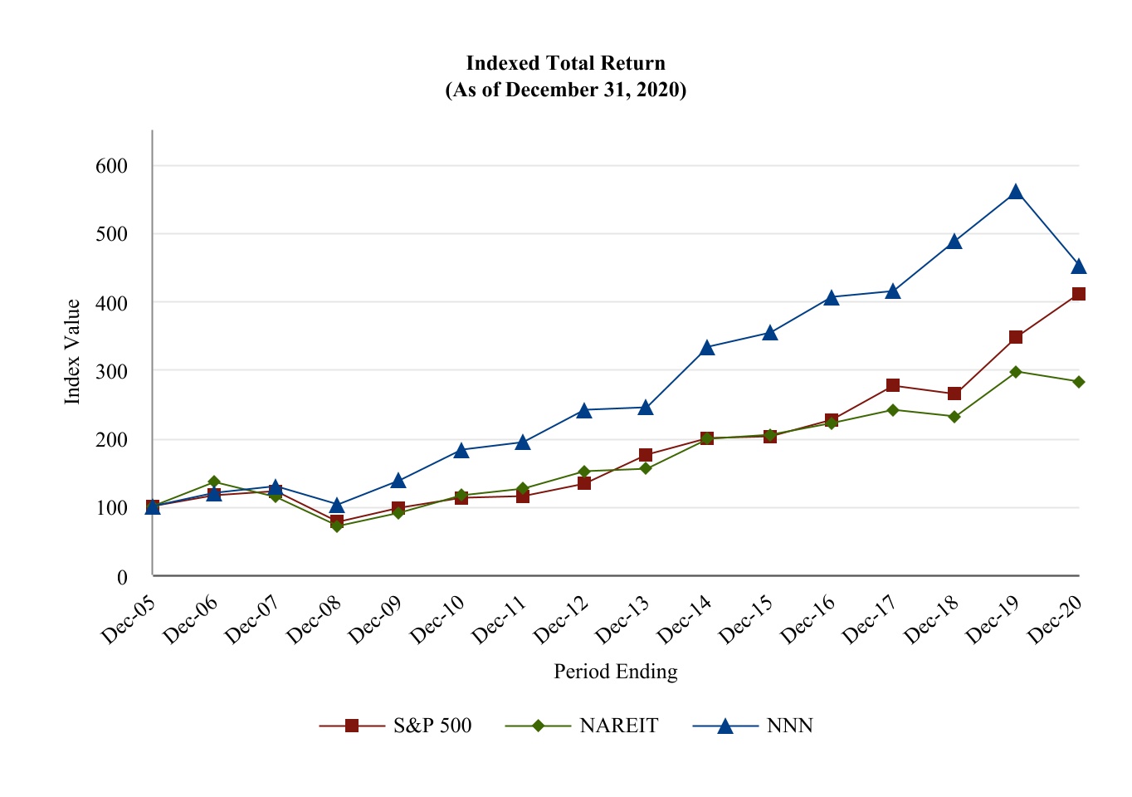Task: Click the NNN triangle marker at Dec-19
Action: pyautogui.click(x=1016, y=193)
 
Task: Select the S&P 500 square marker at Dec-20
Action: pyautogui.click(x=1079, y=294)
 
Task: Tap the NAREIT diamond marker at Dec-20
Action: pyautogui.click(x=1079, y=382)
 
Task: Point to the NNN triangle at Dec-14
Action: pyautogui.click(x=707, y=348)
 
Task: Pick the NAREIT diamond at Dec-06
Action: pyautogui.click(x=214, y=482)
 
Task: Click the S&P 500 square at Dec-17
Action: pyautogui.click(x=893, y=385)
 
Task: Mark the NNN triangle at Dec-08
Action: pyautogui.click(x=337, y=506)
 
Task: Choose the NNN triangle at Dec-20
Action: pyautogui.click(x=1079, y=266)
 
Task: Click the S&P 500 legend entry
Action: pyautogui.click(x=396, y=726)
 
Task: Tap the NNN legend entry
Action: pyautogui.click(x=754, y=726)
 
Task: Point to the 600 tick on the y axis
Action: pyautogui.click(x=112, y=166)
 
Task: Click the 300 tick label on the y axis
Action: pyautogui.click(x=112, y=371)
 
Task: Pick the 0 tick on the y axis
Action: pyautogui.click(x=122, y=576)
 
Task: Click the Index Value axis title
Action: pyautogui.click(x=73, y=352)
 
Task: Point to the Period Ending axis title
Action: pyautogui.click(x=615, y=672)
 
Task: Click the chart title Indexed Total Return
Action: pyautogui.click(x=565, y=64)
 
